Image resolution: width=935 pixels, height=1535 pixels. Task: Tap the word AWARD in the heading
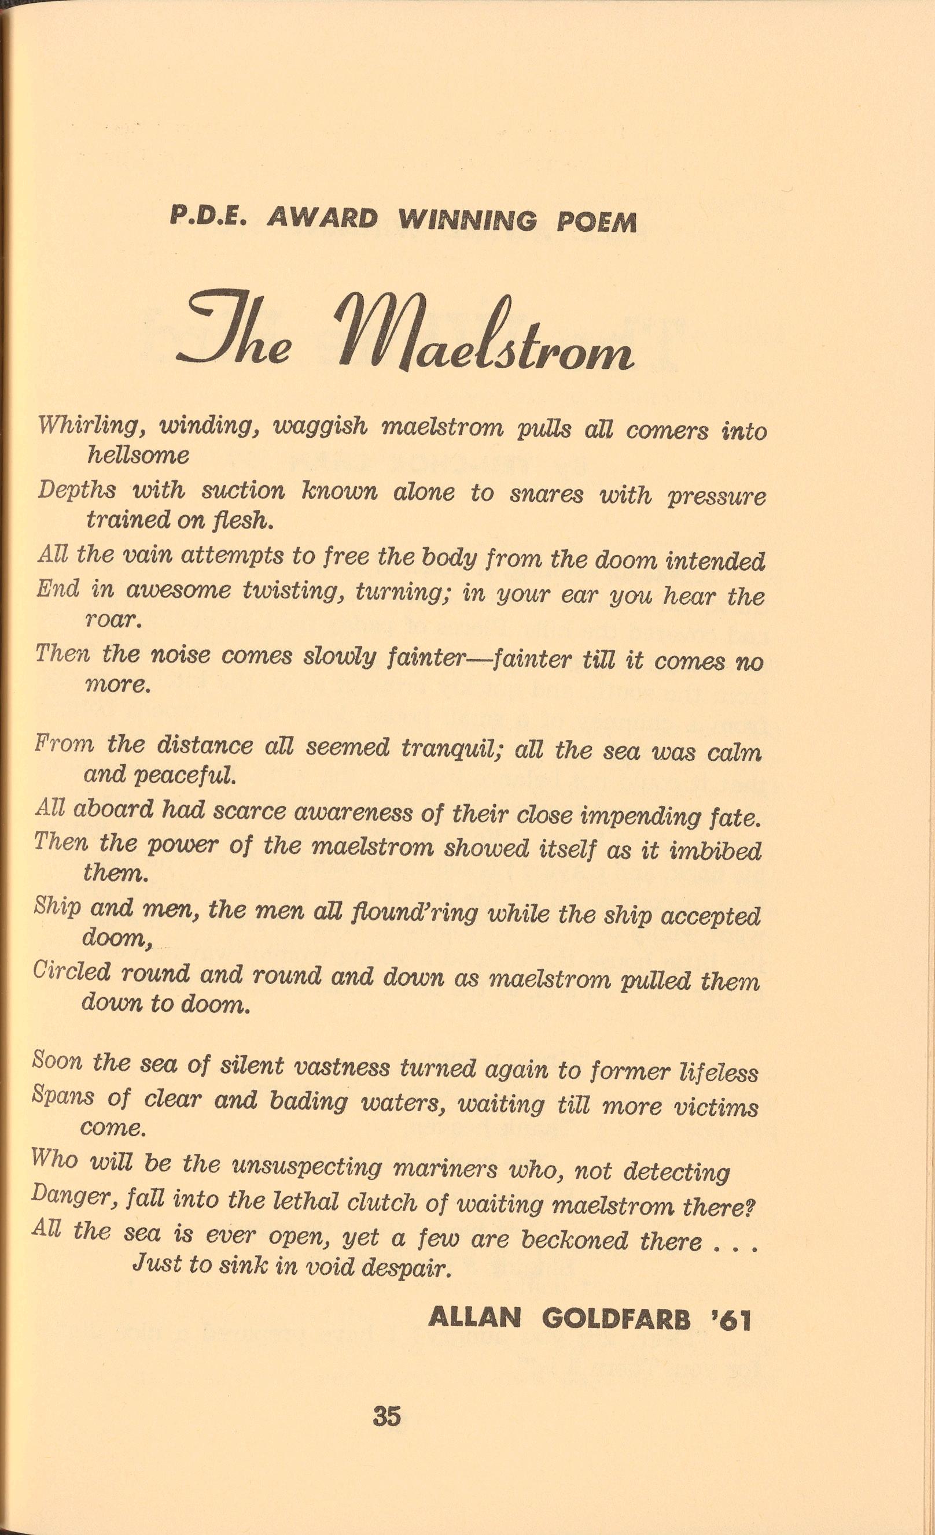(x=322, y=219)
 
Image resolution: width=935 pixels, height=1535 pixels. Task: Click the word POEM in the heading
(x=597, y=223)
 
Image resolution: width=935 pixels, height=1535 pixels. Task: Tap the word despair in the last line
(x=407, y=1266)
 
